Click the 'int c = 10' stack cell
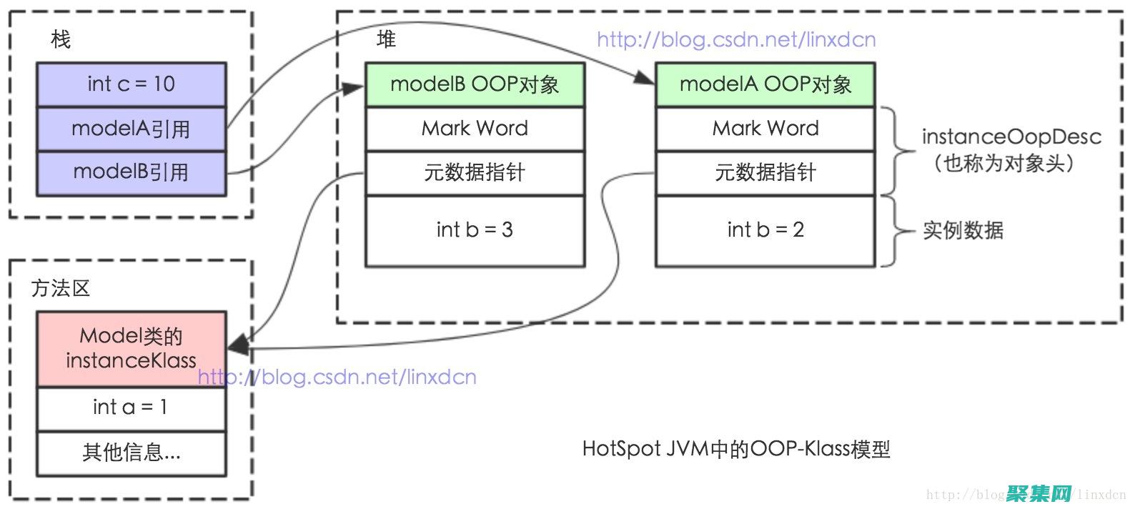pyautogui.click(x=132, y=84)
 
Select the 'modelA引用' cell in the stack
pyautogui.click(x=132, y=129)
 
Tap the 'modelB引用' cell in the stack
pyautogui.click(x=132, y=172)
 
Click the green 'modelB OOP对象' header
pyautogui.click(x=475, y=84)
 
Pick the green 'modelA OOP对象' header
pyautogui.click(x=765, y=84)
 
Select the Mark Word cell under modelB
pyautogui.click(x=475, y=129)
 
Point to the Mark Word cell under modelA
pyautogui.click(x=765, y=129)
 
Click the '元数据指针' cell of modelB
pyautogui.click(x=475, y=172)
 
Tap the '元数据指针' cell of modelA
pyautogui.click(x=765, y=172)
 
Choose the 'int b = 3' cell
pyautogui.click(x=475, y=230)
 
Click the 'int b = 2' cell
pyautogui.click(x=765, y=230)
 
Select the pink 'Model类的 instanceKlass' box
pyautogui.click(x=132, y=348)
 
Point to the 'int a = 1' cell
pyautogui.click(x=132, y=407)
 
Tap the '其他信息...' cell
pyautogui.click(x=132, y=453)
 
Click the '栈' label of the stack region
pyautogui.click(x=61, y=39)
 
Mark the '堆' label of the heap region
pyautogui.click(x=387, y=39)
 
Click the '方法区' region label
pyautogui.click(x=61, y=289)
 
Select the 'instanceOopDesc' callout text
pyautogui.click(x=1011, y=137)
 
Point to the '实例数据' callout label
pyautogui.click(x=963, y=230)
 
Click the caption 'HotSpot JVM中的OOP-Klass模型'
pyautogui.click(x=736, y=449)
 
